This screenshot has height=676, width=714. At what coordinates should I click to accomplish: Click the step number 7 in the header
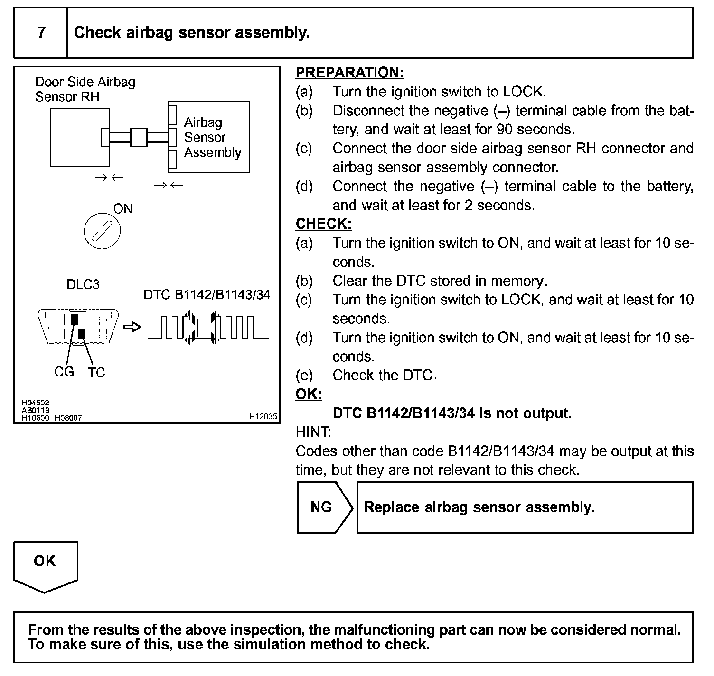pos(41,32)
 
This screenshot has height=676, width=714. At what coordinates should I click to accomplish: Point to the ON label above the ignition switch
pos(122,209)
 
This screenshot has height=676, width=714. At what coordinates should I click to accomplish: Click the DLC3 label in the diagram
pos(83,284)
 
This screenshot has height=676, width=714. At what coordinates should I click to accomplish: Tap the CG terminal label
pos(64,372)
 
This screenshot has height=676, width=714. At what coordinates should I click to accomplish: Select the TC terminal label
pos(96,373)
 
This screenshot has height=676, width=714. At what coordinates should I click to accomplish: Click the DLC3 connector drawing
pos(78,327)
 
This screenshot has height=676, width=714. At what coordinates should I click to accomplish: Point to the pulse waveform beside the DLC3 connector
pos(208,327)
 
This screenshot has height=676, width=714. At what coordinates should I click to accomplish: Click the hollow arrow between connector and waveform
pos(132,327)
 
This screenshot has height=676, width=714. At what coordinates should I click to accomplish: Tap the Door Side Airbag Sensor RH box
pos(80,137)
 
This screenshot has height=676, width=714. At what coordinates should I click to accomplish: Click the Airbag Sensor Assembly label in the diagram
pos(212,138)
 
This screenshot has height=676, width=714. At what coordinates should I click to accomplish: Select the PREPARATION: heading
pos(350,73)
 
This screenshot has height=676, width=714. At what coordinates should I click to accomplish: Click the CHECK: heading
pos(323,224)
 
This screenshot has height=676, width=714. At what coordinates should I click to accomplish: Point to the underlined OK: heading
pos(309,394)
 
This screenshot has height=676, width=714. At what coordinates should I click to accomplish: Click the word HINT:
pos(313,432)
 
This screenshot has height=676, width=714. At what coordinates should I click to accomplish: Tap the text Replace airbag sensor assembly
pos(479,507)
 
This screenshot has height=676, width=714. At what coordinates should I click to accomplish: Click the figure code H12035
pos(263,416)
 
